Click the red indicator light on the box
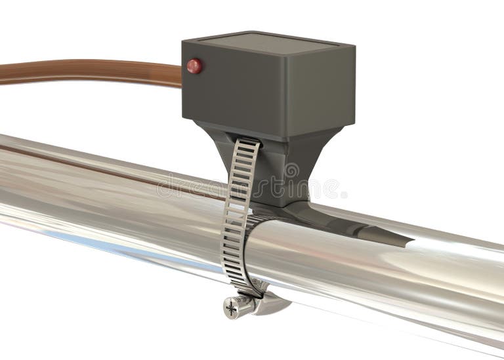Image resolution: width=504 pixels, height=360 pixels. pos(194,66)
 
